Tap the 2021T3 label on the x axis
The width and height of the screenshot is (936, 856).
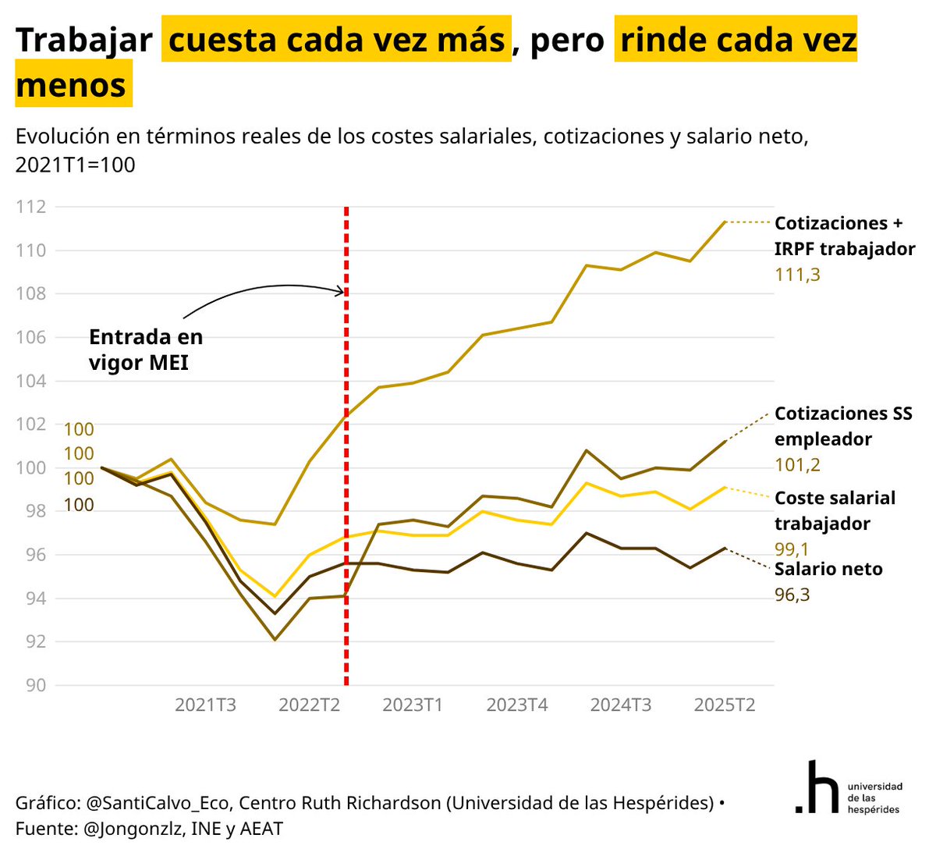point(205,705)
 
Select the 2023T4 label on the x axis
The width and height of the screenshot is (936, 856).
point(516,705)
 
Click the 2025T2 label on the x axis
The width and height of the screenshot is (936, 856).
point(724,705)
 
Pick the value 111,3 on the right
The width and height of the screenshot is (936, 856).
point(797,275)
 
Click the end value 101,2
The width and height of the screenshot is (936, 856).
point(797,465)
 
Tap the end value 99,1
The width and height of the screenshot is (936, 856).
point(792,549)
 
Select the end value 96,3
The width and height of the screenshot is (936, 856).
point(792,595)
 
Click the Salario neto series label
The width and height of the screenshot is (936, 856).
point(828,570)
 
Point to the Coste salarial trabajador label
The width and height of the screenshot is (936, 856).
point(835,511)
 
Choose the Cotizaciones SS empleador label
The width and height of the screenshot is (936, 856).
point(842,426)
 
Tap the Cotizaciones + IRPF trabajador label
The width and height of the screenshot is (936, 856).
point(844,236)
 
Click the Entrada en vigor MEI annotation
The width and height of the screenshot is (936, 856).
point(146,350)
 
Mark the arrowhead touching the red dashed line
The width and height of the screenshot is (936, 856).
point(340,292)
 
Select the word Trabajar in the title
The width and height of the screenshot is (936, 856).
point(83,41)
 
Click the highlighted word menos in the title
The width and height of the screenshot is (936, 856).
point(72,85)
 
